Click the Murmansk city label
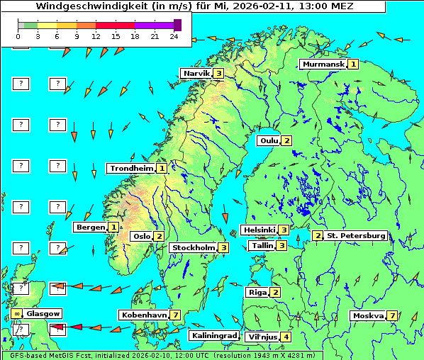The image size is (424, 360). click(x=323, y=64)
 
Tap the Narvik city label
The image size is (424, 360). click(x=196, y=74)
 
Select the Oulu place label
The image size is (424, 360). click(x=269, y=140)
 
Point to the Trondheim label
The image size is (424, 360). click(x=131, y=169)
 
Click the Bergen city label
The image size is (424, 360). click(x=90, y=227)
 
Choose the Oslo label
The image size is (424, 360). click(x=141, y=237)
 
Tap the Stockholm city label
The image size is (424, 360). click(x=193, y=248)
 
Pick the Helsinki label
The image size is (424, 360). click(x=259, y=230)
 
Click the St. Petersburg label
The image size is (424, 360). click(x=355, y=236)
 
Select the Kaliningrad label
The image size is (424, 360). click(x=213, y=336)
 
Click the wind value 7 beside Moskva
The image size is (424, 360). click(x=391, y=316)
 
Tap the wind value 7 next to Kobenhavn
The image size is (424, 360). click(x=174, y=315)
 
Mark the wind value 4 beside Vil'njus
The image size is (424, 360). click(x=286, y=337)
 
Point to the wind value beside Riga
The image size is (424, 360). click(x=275, y=292)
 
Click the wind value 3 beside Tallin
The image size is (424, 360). click(x=281, y=246)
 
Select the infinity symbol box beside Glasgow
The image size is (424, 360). click(x=16, y=313)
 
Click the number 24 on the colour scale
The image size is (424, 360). click(x=174, y=36)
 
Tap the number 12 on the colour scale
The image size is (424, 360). click(x=96, y=36)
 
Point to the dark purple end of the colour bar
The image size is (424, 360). click(x=177, y=25)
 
